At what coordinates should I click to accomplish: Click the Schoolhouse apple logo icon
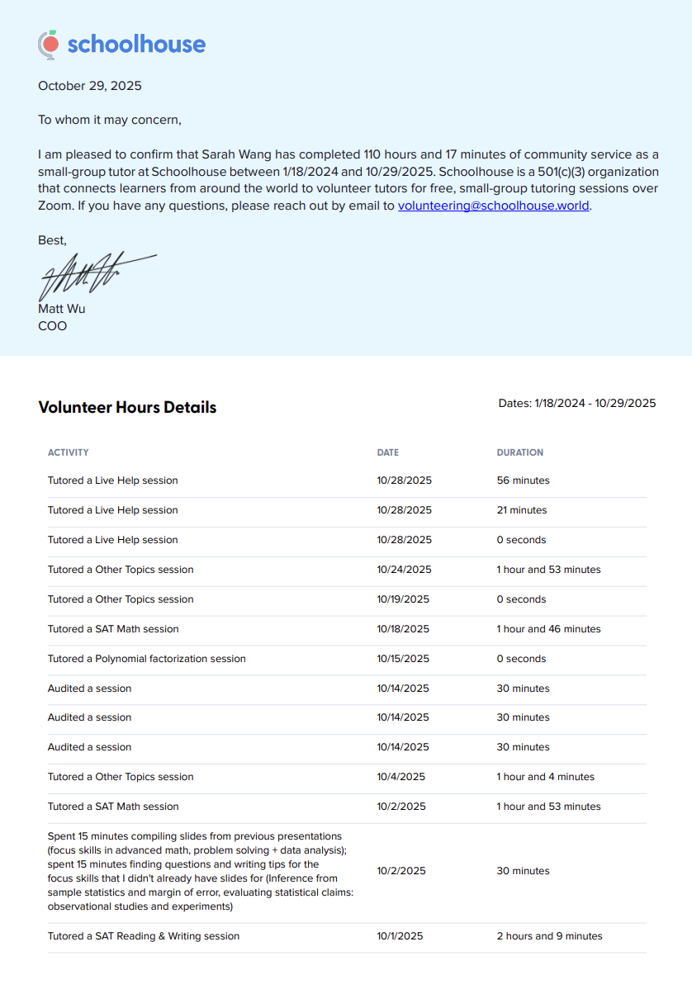49,45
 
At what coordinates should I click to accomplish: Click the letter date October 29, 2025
90,86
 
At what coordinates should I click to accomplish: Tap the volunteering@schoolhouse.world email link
493,206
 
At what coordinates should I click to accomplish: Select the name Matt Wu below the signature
61,309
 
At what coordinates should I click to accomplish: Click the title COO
53,326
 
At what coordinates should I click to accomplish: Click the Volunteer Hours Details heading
127,407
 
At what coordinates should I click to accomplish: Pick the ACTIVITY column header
68,452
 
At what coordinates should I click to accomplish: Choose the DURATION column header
519,452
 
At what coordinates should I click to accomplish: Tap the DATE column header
387,452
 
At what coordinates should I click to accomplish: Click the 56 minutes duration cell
523,480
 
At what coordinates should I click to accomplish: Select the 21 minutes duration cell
522,510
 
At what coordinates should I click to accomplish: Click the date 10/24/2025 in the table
404,570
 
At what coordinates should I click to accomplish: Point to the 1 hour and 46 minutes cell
548,629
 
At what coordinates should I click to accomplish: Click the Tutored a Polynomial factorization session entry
147,659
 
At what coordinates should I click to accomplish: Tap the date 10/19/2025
404,599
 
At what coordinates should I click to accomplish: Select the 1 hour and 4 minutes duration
545,777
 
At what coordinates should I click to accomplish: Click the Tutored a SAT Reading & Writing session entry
144,936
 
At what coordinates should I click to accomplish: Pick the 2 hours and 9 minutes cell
549,936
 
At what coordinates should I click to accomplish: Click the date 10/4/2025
401,777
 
